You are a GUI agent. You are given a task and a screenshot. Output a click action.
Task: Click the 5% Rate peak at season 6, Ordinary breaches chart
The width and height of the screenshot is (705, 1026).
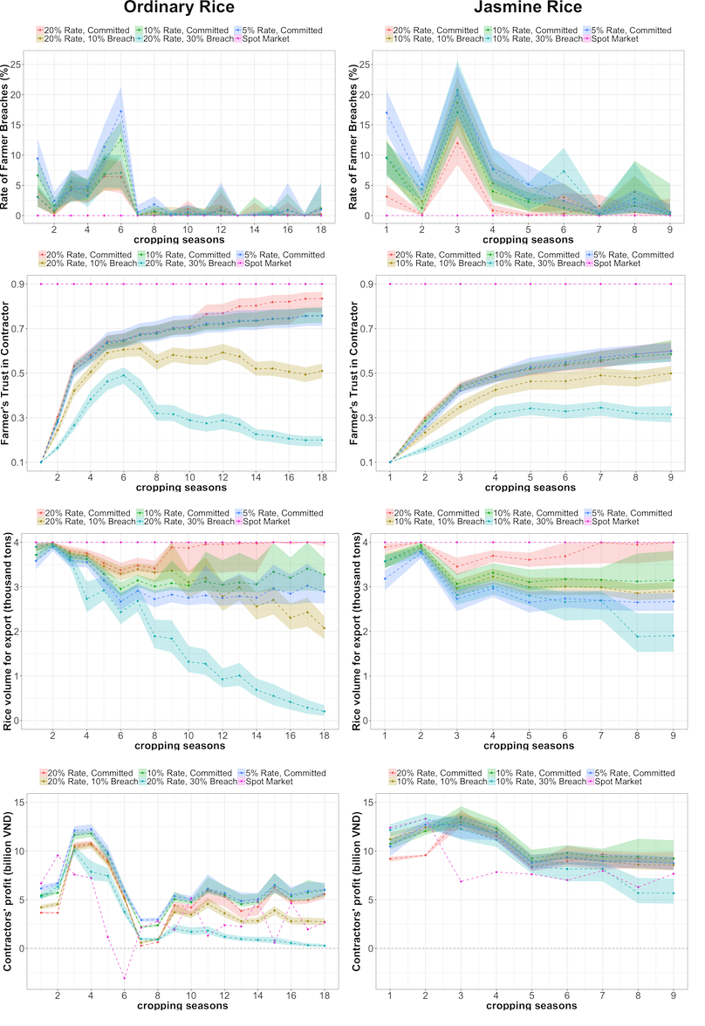(x=120, y=111)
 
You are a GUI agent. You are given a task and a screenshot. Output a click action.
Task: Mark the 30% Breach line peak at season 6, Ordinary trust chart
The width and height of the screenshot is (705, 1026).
(x=120, y=375)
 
